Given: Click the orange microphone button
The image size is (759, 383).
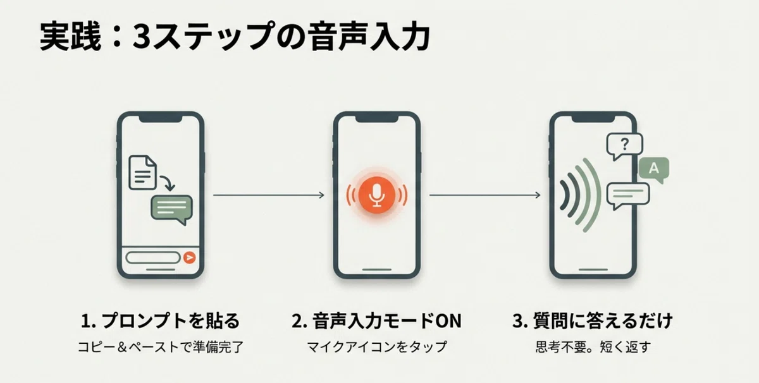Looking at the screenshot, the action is (377, 195).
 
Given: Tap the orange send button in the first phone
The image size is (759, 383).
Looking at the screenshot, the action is (189, 258).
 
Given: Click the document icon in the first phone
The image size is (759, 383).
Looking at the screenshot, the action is (143, 173).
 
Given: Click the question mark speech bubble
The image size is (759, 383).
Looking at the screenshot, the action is (624, 146).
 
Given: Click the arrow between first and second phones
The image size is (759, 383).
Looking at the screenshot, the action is (269, 195).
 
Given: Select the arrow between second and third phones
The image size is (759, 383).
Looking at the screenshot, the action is (485, 195).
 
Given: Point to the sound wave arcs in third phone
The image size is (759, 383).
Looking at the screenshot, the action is (580, 195).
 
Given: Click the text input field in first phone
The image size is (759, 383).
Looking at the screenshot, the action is (153, 258).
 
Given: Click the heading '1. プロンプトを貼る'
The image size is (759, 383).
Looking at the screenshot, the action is (160, 320).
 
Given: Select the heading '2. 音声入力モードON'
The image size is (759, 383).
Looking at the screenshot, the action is (376, 320).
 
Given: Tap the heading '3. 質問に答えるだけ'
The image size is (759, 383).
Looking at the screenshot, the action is (592, 320).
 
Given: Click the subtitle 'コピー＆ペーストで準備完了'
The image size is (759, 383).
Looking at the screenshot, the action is (161, 347).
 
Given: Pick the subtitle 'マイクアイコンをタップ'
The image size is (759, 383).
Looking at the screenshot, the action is (377, 347).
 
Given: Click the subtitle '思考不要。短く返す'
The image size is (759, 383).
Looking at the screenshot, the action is (593, 347).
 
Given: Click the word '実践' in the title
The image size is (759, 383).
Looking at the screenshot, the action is (70, 36).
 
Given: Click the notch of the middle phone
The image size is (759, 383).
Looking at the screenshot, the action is (377, 119).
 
